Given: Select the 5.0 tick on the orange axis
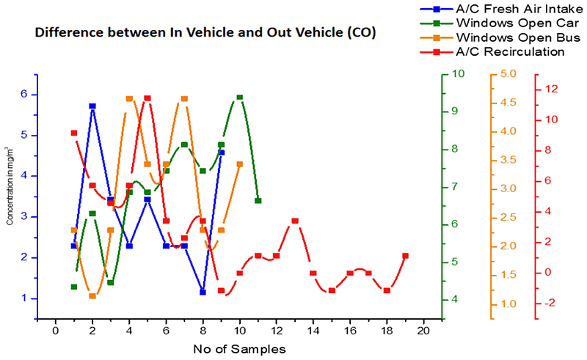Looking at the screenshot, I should [508, 74].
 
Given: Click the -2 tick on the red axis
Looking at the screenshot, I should [550, 304].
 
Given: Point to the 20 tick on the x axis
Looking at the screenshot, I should [423, 331].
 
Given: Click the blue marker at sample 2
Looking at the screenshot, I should [92, 106].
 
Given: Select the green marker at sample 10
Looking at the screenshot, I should [240, 98].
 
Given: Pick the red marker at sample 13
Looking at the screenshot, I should [295, 221].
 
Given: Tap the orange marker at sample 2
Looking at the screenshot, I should [92, 295].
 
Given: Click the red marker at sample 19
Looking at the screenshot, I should [406, 256].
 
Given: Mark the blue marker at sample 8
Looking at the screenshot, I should [203, 293].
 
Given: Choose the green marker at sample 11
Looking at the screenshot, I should [258, 200].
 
